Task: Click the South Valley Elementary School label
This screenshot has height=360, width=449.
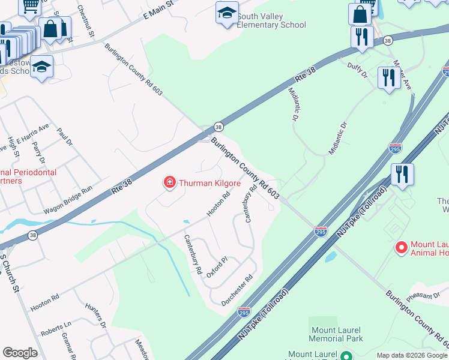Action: click(x=271, y=20)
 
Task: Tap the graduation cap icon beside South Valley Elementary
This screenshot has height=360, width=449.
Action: click(x=226, y=13)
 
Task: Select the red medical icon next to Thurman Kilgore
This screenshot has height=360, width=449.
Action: click(x=170, y=183)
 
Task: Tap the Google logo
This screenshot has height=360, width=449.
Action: click(x=20, y=353)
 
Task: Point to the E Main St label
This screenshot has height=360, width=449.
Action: click(x=158, y=11)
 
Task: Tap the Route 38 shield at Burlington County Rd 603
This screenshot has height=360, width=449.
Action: click(x=218, y=127)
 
